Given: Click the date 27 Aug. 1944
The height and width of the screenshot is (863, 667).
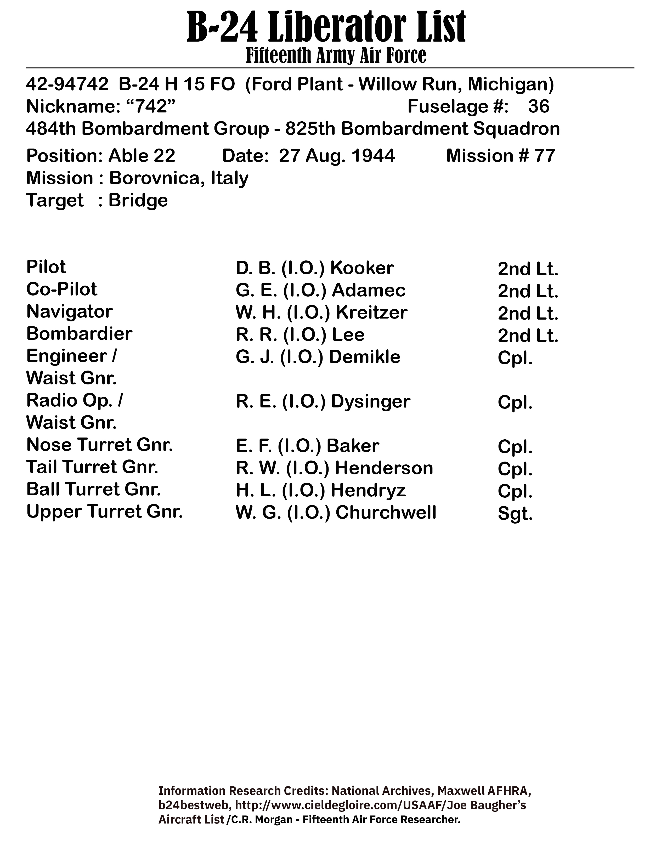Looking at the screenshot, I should [x=337, y=156].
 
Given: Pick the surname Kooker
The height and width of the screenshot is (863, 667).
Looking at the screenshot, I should [x=361, y=268].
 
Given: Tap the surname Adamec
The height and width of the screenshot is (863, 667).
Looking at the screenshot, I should [x=368, y=291].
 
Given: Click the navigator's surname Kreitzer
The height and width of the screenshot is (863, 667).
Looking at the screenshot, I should [x=371, y=313].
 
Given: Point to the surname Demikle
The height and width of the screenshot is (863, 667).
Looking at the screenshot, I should [x=364, y=357].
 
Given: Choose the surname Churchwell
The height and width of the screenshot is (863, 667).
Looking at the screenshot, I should [x=386, y=513].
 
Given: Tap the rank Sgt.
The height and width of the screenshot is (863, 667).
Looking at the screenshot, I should [x=515, y=514].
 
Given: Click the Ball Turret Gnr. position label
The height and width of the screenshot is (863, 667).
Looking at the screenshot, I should [x=93, y=489].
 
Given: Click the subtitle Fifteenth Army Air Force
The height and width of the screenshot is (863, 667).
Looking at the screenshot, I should [x=336, y=55].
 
